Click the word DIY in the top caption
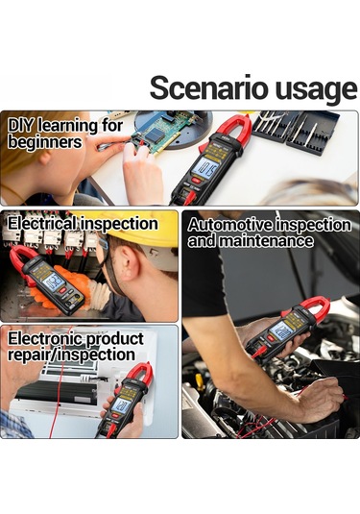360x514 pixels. (x=21, y=126)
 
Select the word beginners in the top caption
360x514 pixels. (x=45, y=142)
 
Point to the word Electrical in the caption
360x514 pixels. (x=42, y=224)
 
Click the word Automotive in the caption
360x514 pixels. (x=230, y=225)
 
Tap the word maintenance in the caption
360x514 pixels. (x=265, y=241)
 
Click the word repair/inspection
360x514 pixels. (x=71, y=355)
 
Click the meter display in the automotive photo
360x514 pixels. (x=282, y=330)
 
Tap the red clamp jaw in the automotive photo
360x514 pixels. (x=314, y=306)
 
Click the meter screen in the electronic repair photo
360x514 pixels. (x=122, y=405)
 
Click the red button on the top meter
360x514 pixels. (x=197, y=181)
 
